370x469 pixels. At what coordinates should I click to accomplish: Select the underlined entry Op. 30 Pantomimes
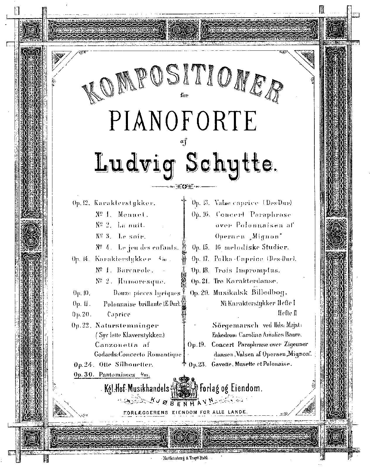[112, 374]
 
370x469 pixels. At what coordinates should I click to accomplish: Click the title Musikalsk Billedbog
[251, 292]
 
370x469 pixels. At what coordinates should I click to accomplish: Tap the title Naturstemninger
[126, 325]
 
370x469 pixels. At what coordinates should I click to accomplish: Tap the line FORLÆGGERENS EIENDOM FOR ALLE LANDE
[186, 411]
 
